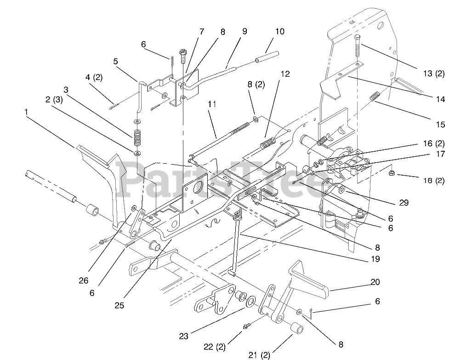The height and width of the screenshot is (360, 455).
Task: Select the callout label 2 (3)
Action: click(x=54, y=99)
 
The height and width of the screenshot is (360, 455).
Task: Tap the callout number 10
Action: click(x=280, y=32)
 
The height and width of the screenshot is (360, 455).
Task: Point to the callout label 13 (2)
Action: click(x=433, y=74)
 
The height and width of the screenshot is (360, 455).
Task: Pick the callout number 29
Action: click(x=404, y=203)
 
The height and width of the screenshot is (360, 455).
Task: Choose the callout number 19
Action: click(x=375, y=259)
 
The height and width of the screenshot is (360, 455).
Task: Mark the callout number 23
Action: click(x=183, y=336)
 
